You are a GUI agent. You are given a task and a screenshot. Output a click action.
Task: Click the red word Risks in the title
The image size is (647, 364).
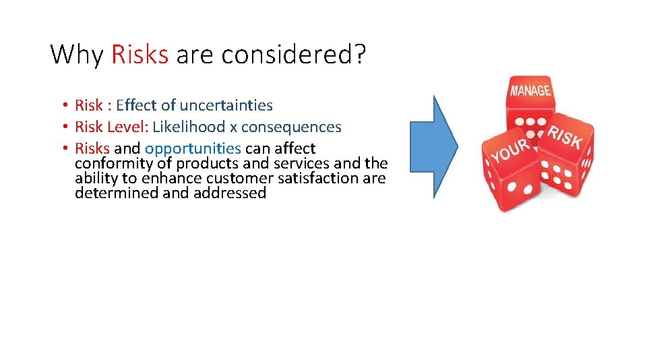coord(140,54)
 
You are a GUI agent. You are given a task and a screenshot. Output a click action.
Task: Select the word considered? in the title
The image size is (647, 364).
coord(293,54)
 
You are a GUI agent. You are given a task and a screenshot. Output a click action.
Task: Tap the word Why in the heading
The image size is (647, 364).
coord(77,54)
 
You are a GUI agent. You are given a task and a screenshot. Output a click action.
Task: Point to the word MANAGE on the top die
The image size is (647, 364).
coord(530,90)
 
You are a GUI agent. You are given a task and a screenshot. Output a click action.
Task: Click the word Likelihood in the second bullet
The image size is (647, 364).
coord(190,127)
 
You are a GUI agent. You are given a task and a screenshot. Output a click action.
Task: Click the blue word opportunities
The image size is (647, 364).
coord(193,148)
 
